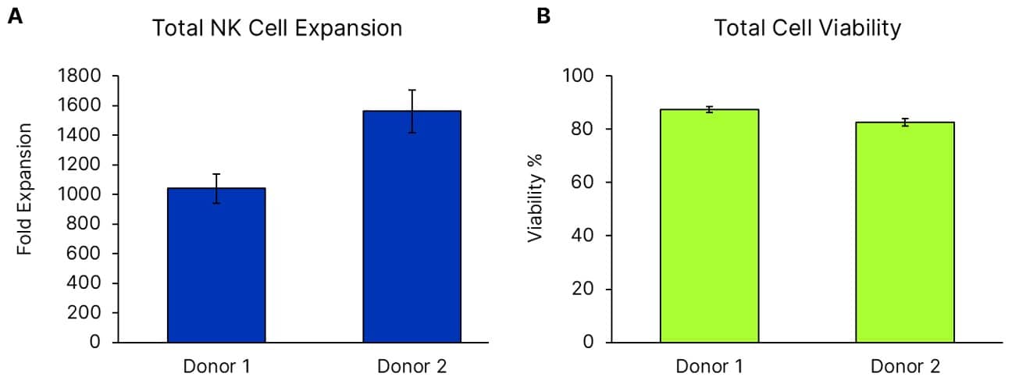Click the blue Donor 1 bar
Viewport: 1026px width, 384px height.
coord(216,265)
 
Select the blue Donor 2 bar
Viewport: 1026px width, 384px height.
coord(411,226)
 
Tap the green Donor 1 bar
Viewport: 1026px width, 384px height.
coord(709,226)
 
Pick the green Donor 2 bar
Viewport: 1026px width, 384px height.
coord(904,233)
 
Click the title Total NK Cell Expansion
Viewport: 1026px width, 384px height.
coord(277,29)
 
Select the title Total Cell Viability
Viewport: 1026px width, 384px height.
coord(807,29)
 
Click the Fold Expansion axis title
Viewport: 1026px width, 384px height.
coord(25,188)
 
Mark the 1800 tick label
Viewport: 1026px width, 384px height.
coord(79,76)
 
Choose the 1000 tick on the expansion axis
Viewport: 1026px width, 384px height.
coord(79,194)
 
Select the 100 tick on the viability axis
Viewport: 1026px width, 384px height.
coord(579,76)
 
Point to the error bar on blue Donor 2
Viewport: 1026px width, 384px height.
coord(411,111)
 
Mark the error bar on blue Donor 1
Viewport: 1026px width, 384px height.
coord(216,188)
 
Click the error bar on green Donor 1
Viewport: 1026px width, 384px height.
coord(709,109)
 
